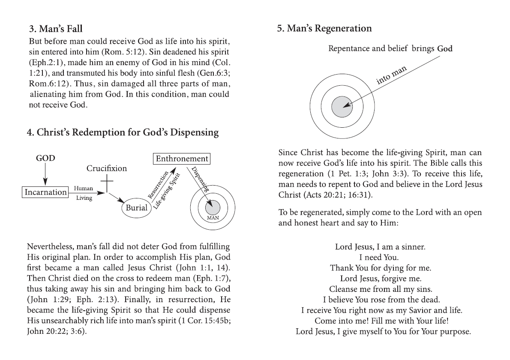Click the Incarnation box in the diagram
[x=45, y=192]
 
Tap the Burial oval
[x=136, y=208]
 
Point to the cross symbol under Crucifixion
[x=107, y=184]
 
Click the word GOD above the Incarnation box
[x=45, y=158]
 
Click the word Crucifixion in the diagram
[x=107, y=168]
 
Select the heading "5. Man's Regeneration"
[x=324, y=29]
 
